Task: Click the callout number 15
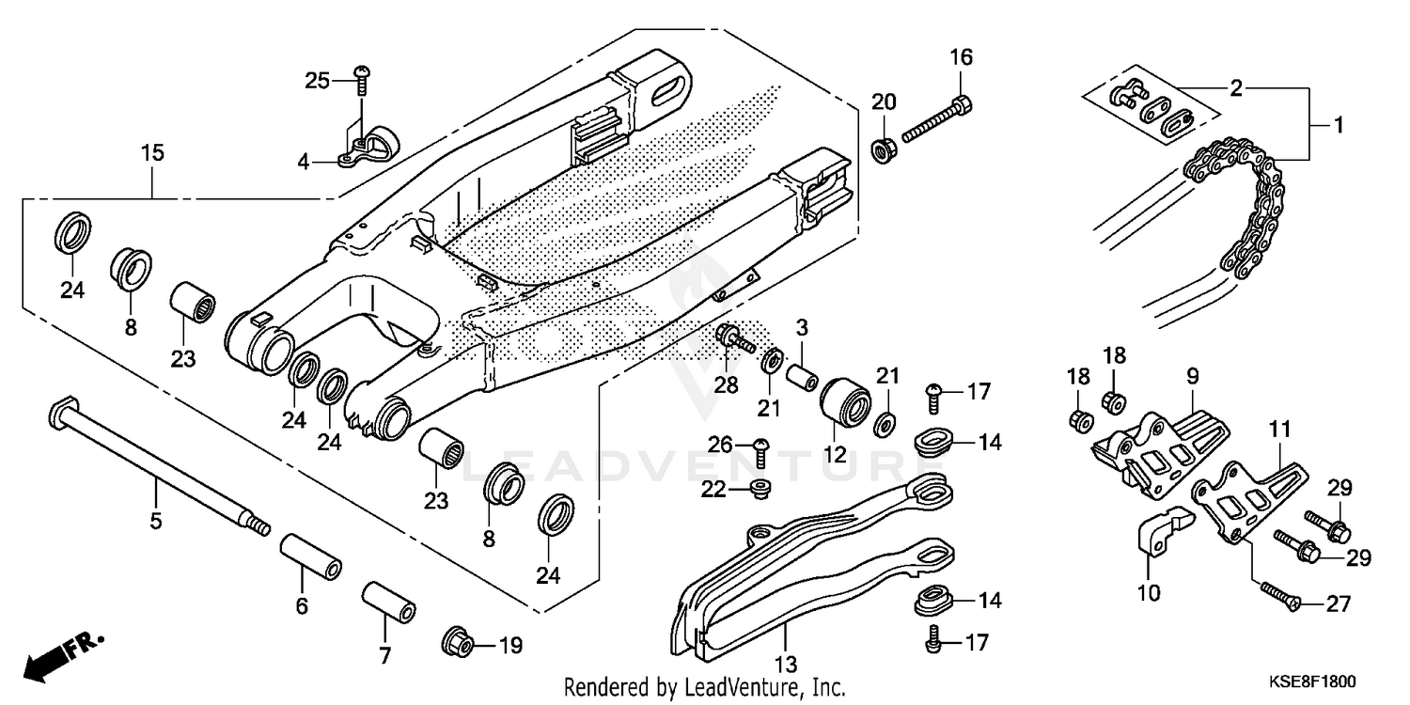(152, 152)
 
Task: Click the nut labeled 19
(458, 644)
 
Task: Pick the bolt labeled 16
(936, 117)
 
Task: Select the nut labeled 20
(884, 149)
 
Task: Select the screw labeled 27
(1276, 595)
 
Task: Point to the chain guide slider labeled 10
(1156, 537)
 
